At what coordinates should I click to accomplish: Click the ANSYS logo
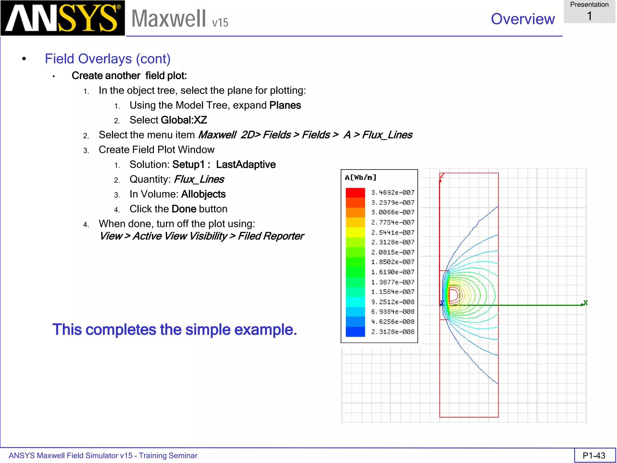pyautogui.click(x=63, y=18)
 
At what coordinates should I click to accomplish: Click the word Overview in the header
pyautogui.click(x=523, y=19)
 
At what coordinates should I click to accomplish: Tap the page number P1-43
pyautogui.click(x=594, y=455)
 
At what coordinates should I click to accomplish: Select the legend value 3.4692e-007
pyautogui.click(x=393, y=193)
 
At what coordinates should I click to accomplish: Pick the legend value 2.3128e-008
pyautogui.click(x=393, y=332)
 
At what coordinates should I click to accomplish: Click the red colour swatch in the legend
pyautogui.click(x=355, y=193)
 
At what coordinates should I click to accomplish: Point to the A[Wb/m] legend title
pyautogui.click(x=361, y=178)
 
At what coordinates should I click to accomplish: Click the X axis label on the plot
pyautogui.click(x=585, y=302)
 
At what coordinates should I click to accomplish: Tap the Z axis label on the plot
pyautogui.click(x=442, y=175)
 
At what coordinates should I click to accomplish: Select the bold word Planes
pyautogui.click(x=285, y=106)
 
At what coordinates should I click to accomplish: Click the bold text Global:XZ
pyautogui.click(x=184, y=120)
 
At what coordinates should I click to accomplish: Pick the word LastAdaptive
pyautogui.click(x=246, y=165)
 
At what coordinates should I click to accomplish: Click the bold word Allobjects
pyautogui.click(x=203, y=194)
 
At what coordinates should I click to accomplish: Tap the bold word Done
pyautogui.click(x=184, y=209)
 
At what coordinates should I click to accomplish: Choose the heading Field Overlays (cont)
pyautogui.click(x=108, y=59)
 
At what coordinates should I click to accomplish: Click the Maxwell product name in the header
pyautogui.click(x=169, y=19)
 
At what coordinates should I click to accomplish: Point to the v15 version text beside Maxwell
pyautogui.click(x=220, y=23)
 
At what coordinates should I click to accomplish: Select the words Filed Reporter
pyautogui.click(x=271, y=236)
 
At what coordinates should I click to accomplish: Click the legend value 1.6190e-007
pyautogui.click(x=393, y=272)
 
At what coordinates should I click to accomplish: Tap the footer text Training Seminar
pyautogui.click(x=168, y=455)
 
